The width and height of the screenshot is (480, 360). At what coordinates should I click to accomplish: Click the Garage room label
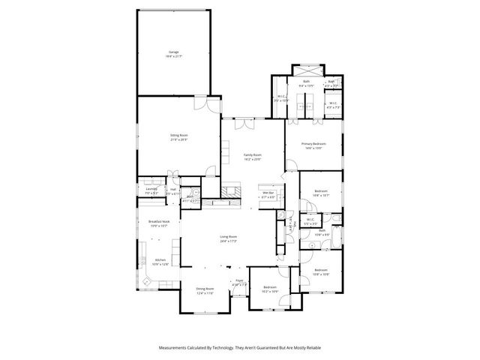coord(173,52)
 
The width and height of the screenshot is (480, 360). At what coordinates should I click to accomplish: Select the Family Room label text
coord(252,154)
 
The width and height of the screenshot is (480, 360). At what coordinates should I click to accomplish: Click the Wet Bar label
coord(268,193)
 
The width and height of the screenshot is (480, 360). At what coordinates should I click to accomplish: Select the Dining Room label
coord(205,289)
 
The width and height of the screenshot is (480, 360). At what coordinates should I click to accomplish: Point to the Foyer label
coord(240,281)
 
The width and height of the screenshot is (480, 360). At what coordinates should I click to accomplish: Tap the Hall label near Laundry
coord(172,189)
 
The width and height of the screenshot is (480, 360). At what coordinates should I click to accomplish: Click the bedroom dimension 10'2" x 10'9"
coord(270,292)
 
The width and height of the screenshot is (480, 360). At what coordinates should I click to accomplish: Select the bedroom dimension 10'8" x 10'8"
coord(320,273)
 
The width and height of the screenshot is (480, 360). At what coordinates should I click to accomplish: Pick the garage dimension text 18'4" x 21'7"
coord(173,56)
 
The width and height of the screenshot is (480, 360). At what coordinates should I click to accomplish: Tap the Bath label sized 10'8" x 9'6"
coord(321,231)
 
